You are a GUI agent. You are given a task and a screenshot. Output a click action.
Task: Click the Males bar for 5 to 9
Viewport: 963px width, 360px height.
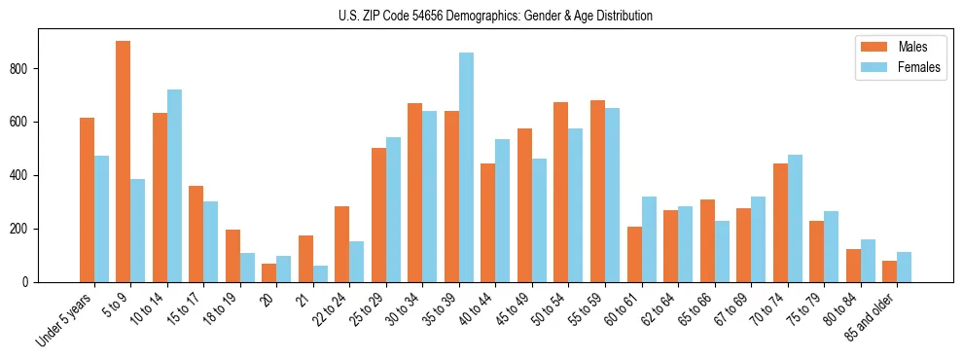(124, 162)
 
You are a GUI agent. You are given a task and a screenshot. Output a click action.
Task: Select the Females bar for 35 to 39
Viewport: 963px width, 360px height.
(466, 167)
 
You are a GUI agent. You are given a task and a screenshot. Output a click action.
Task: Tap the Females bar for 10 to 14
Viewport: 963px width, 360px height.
(174, 186)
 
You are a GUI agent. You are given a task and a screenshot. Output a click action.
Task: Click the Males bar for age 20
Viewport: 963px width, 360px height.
(269, 272)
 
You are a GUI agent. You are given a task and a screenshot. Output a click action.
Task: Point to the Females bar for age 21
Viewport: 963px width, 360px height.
(320, 273)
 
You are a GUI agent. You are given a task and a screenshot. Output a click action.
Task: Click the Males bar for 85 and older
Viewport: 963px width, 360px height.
(890, 271)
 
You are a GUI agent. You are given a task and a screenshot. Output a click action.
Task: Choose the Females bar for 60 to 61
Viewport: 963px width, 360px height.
(649, 239)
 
